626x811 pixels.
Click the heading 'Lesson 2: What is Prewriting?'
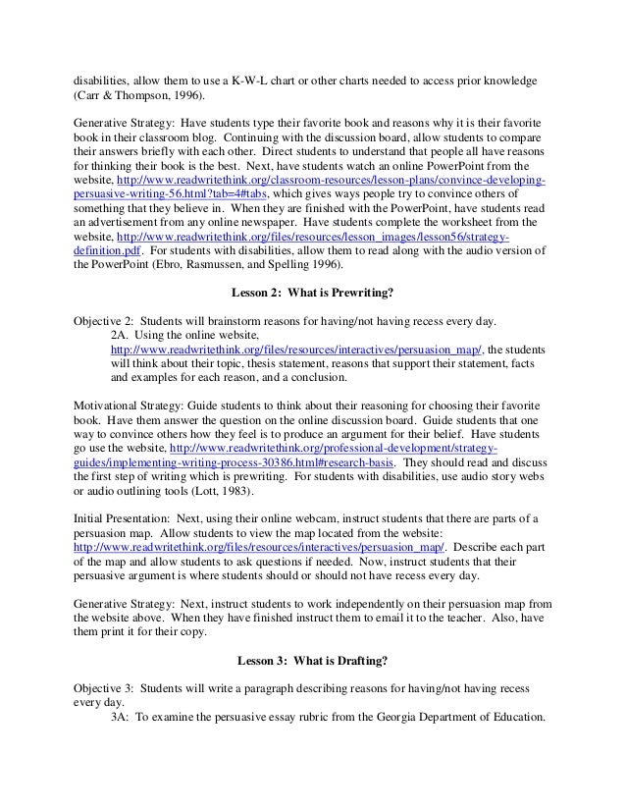(312, 292)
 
